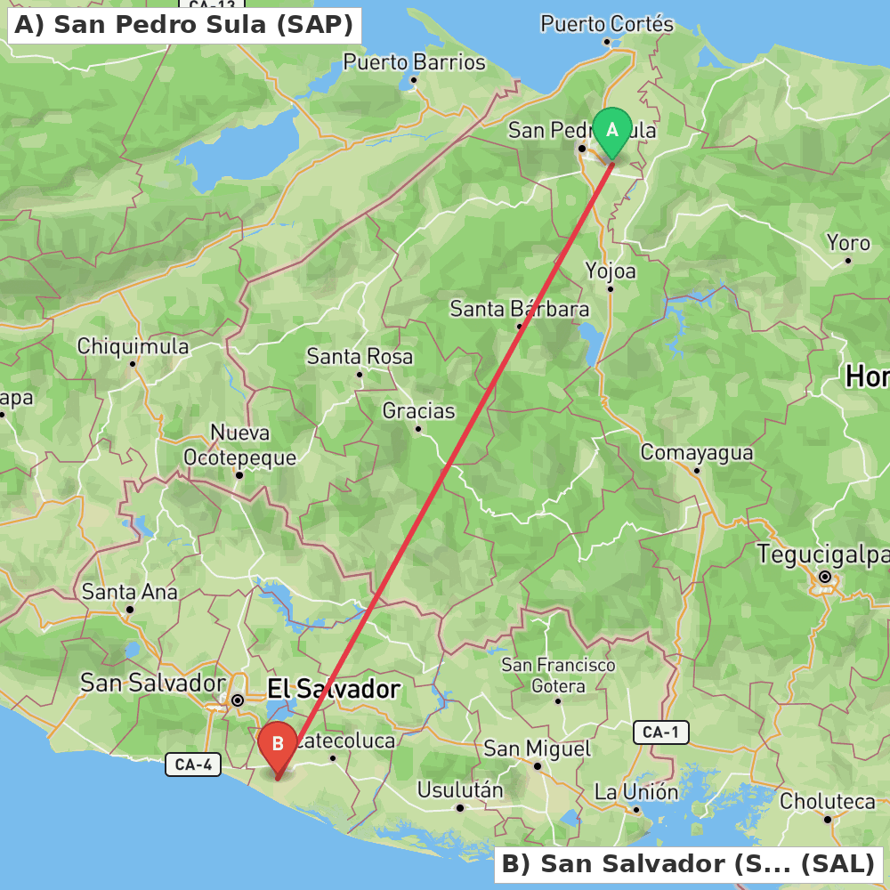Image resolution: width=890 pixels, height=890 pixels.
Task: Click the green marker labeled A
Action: [x=612, y=131]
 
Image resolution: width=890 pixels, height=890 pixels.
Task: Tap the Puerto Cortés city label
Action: [x=607, y=24]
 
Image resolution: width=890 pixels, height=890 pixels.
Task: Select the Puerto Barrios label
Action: [x=415, y=63]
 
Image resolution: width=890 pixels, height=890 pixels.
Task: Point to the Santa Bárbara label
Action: [x=520, y=310]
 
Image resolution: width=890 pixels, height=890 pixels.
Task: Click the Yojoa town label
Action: [x=611, y=271]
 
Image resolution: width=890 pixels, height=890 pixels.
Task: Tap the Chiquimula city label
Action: [x=133, y=346]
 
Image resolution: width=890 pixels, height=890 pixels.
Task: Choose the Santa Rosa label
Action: [x=360, y=357]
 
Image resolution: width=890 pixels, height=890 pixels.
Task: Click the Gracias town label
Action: [x=418, y=411]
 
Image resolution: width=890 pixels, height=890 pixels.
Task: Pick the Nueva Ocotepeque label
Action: [x=239, y=445]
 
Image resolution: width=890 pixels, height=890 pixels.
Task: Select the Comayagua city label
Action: [x=697, y=453]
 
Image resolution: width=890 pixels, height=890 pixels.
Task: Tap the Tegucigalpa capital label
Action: [x=822, y=554]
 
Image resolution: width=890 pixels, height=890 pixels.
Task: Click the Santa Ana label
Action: [x=130, y=592]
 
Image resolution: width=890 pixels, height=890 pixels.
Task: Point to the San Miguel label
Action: [x=537, y=748]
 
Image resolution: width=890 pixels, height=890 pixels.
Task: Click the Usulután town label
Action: [x=460, y=790]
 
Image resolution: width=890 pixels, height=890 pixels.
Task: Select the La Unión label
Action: [x=636, y=792]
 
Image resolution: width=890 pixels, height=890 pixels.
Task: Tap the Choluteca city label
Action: [x=828, y=802]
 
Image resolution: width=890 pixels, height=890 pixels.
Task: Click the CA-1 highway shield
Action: [x=661, y=732]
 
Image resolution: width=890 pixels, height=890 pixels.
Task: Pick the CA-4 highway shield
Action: [x=192, y=764]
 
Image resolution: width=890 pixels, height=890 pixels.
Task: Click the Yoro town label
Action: [x=848, y=243]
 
